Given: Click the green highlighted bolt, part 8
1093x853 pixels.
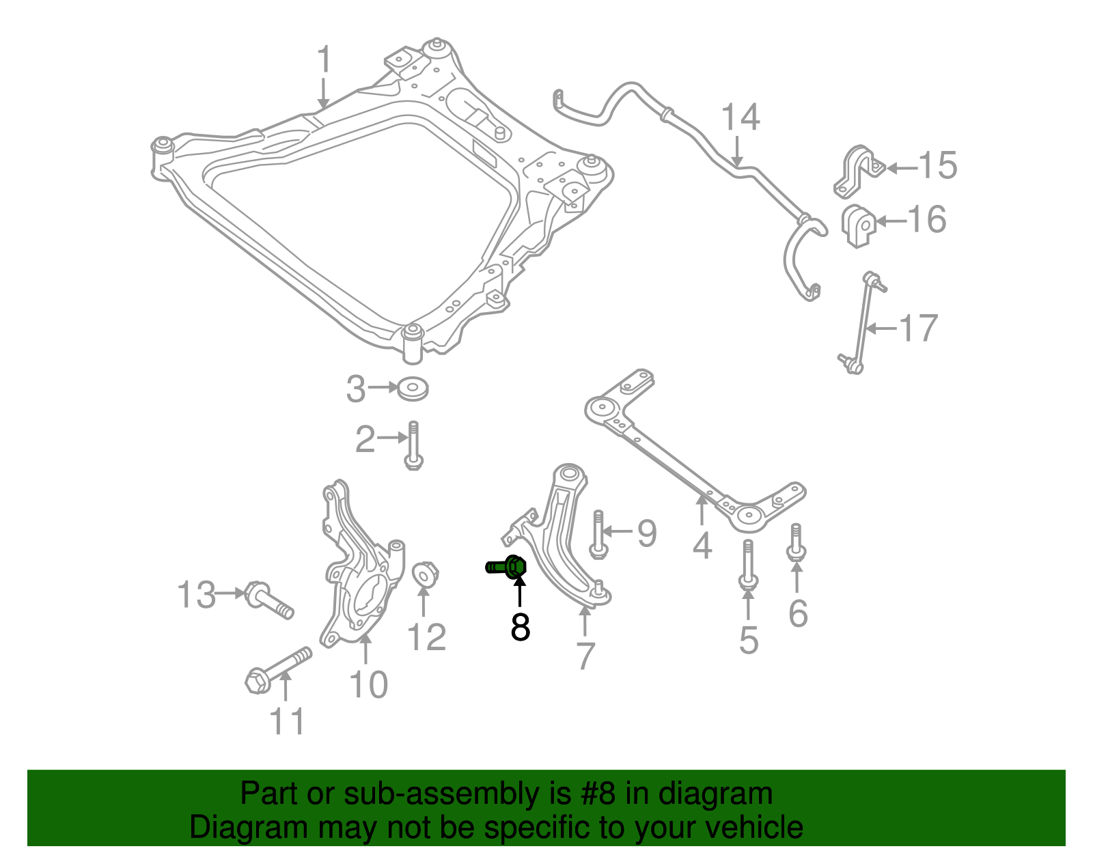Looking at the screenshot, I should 509,566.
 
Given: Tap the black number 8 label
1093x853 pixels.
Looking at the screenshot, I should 520,627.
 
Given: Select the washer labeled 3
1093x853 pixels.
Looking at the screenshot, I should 413,389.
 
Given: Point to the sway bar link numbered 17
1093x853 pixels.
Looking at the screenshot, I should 863,322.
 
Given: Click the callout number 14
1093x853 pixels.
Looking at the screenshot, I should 741,117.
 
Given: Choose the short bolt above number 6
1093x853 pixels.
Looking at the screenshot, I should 797,544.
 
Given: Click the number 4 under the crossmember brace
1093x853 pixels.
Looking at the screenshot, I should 702,545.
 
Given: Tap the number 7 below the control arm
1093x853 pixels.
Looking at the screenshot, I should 585,656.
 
